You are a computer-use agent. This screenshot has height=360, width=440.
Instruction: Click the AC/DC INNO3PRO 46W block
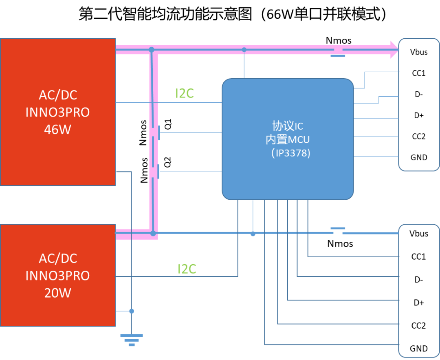[58, 112]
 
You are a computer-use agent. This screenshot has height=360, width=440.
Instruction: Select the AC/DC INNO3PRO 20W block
[58, 275]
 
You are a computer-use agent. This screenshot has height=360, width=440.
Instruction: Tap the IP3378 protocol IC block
[288, 139]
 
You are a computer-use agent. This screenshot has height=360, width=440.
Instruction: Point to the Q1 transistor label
[167, 124]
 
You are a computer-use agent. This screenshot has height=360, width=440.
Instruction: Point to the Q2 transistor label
[167, 162]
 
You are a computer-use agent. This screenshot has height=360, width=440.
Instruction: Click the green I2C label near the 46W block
[185, 93]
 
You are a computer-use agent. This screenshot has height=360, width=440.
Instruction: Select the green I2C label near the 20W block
[187, 269]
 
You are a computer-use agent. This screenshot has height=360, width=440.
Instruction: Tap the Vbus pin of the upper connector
[419, 52]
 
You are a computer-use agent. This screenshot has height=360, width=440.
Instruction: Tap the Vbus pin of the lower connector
[419, 234]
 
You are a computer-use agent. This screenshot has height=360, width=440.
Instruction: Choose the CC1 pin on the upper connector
[419, 73]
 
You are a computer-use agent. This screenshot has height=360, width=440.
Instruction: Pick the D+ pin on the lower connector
[419, 303]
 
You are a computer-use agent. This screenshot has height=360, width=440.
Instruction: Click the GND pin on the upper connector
[419, 157]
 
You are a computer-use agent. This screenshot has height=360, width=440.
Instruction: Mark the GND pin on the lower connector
[419, 349]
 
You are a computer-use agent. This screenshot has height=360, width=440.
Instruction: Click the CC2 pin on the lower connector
[419, 326]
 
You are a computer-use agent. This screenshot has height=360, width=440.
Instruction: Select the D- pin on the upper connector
[419, 94]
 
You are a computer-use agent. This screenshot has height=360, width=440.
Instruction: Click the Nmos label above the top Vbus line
[339, 40]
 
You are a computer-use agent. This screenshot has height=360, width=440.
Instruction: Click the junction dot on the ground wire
[132, 311]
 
